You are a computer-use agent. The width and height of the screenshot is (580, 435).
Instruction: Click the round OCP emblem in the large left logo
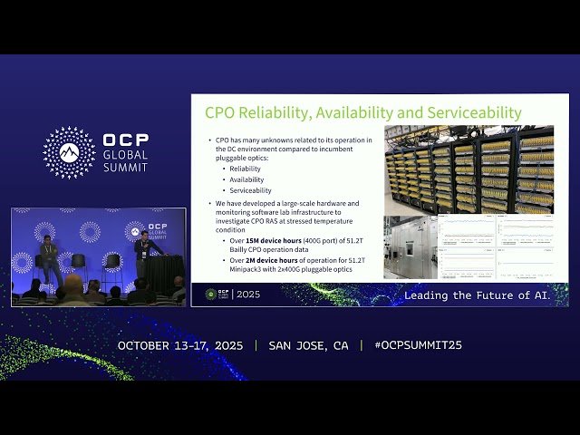[x=69, y=152]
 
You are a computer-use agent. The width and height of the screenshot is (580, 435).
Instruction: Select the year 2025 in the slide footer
[x=247, y=295]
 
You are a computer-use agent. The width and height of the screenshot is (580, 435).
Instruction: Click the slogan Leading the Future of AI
[x=477, y=295]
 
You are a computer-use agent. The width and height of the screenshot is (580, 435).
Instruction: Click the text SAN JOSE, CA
[x=308, y=346]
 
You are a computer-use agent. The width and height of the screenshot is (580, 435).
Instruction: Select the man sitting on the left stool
[x=50, y=257]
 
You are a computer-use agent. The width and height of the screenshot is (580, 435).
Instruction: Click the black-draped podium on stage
[x=164, y=274]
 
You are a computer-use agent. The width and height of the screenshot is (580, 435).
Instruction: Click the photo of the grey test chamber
[x=410, y=246]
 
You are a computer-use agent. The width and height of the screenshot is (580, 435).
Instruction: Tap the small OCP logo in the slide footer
[x=211, y=295]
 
